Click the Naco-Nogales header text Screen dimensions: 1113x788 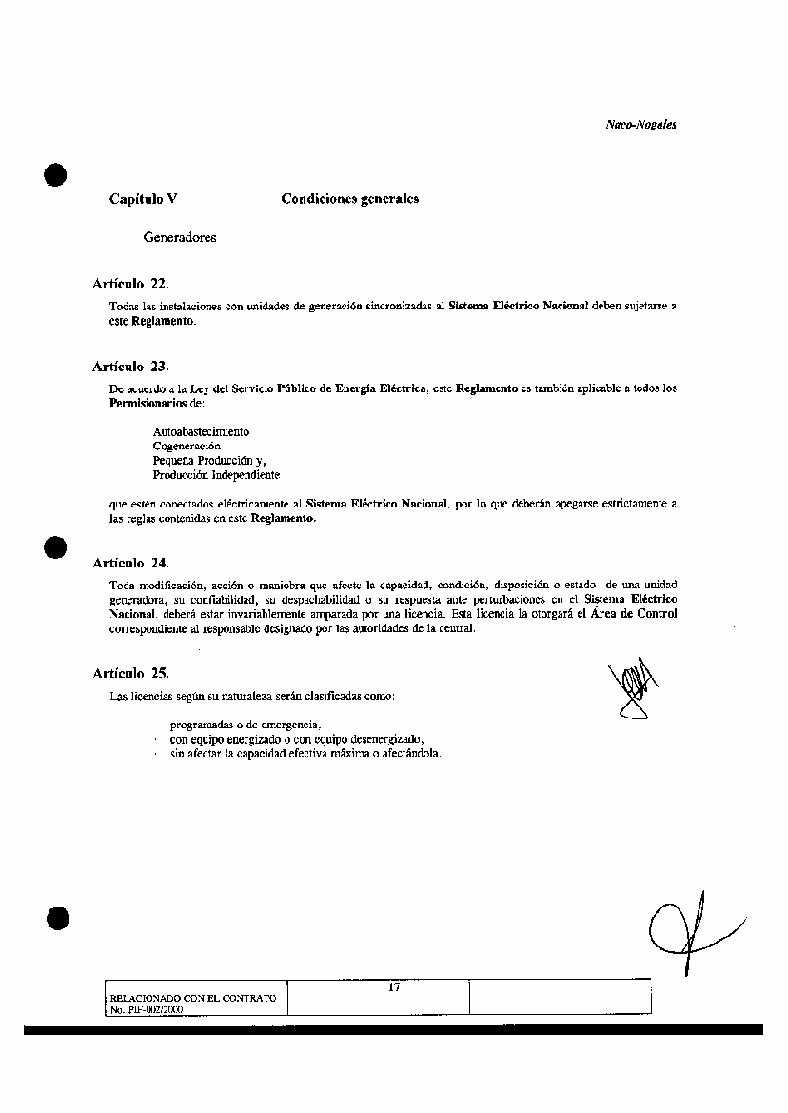[x=640, y=125]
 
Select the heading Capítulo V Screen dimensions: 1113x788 [x=143, y=199]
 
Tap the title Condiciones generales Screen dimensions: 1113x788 [x=349, y=199]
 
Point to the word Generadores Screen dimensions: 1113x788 [x=180, y=237]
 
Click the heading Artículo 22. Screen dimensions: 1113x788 [x=130, y=284]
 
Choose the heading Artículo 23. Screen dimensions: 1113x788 [x=130, y=367]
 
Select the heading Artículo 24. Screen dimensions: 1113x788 [x=130, y=563]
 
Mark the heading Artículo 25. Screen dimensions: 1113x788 [x=130, y=673]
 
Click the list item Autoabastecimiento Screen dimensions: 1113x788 [x=201, y=432]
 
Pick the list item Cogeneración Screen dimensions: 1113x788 [x=187, y=446]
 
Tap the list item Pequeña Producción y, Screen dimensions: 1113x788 [x=209, y=460]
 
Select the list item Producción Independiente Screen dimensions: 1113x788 [x=216, y=474]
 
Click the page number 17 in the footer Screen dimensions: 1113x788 [x=394, y=987]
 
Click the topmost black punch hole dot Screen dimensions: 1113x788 [x=56, y=176]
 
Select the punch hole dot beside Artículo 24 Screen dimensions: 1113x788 [x=56, y=548]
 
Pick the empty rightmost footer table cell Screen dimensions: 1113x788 [x=561, y=997]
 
